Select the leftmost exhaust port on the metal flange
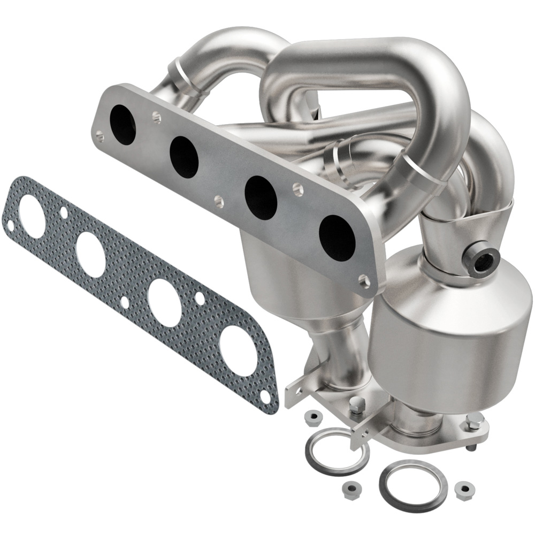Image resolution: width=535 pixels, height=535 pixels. coord(123,125)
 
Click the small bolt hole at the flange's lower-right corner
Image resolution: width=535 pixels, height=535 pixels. coord(364,279)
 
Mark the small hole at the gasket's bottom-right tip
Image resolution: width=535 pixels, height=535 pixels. coord(265,396)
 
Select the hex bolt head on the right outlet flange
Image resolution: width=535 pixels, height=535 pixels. coord(472,423)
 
